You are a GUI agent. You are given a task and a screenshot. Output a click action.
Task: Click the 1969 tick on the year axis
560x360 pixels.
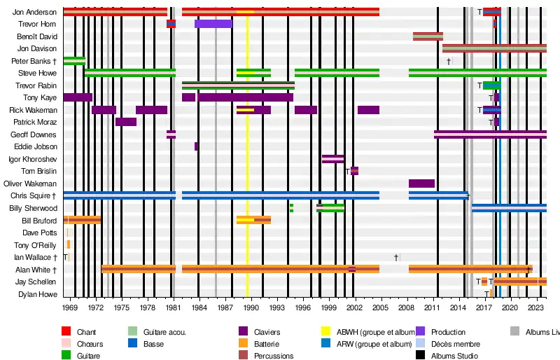70,307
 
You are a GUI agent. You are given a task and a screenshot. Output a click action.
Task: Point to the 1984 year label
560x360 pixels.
199,307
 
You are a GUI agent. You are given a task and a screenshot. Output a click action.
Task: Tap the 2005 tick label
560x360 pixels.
379,307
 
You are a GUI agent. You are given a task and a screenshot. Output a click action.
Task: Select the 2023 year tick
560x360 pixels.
535,307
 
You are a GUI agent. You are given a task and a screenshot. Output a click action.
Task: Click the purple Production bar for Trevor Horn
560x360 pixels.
213,24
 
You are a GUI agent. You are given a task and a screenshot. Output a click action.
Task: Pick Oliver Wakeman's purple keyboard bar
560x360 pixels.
421,184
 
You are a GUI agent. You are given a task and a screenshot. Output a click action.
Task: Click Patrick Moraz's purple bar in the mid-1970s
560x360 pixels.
126,122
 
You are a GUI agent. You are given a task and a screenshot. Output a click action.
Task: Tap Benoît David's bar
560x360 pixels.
428,36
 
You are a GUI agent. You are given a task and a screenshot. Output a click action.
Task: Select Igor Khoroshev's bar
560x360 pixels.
332,159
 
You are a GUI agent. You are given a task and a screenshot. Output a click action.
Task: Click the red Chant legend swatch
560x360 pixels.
66,331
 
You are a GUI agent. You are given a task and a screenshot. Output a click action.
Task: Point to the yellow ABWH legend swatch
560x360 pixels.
325,331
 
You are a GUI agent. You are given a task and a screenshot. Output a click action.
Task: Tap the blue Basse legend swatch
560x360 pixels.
132,344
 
